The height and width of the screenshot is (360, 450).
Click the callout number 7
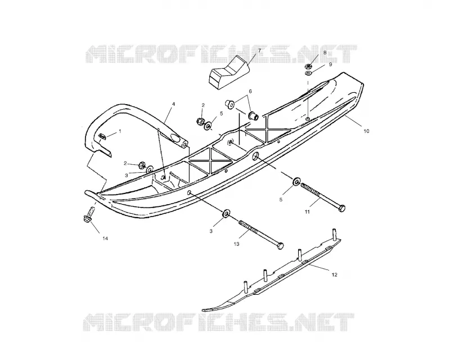tap(259, 51)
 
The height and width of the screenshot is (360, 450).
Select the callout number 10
tap(366, 131)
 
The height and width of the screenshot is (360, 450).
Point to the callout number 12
tap(334, 274)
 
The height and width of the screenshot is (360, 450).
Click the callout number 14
tap(105, 238)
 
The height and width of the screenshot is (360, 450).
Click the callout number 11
tap(307, 212)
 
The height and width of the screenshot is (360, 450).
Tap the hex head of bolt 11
tap(341, 208)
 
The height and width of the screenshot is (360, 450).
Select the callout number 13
tap(236, 244)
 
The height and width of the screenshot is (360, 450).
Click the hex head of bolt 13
tap(280, 246)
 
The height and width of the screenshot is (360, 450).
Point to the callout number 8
tap(325, 52)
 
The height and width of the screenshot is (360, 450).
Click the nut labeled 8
tap(308, 66)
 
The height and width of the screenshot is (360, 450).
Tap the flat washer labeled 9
tap(309, 74)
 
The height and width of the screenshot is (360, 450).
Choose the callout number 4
tap(173, 103)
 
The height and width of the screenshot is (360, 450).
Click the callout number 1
tap(120, 131)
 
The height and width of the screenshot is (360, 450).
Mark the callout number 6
tap(250, 91)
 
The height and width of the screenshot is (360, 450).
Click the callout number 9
tap(330, 65)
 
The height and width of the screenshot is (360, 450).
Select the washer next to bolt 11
tap(296, 182)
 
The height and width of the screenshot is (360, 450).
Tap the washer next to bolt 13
tap(226, 214)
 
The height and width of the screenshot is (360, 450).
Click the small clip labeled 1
tap(102, 136)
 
